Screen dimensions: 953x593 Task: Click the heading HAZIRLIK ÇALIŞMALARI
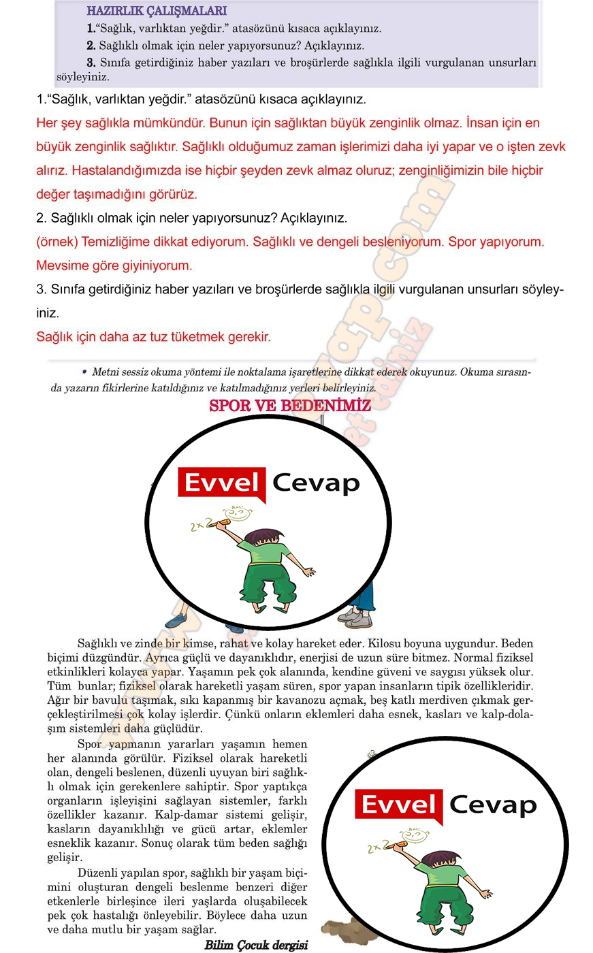coord(157,11)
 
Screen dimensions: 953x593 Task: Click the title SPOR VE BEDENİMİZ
coord(290,406)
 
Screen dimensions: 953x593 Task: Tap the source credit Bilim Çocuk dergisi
coord(256,945)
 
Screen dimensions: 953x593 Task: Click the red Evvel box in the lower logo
coord(398,805)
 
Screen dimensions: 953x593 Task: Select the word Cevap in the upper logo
coord(316,483)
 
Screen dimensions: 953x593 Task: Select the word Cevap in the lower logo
coord(493,805)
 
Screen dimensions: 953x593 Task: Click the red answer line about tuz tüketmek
coord(153,336)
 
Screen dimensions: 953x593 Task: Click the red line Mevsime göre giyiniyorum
coord(114,265)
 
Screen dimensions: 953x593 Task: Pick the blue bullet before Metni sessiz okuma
coord(84,372)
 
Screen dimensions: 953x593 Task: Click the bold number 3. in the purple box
coord(91,63)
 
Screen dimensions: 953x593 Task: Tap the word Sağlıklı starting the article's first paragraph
coord(101,643)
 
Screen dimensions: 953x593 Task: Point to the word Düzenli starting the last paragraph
coord(100,873)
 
